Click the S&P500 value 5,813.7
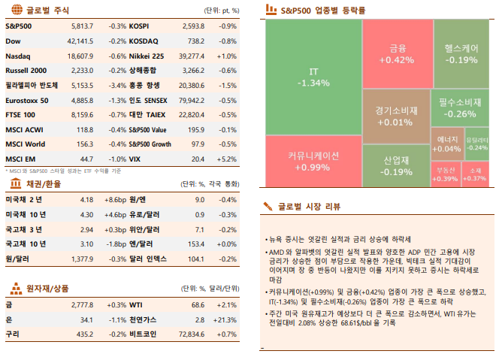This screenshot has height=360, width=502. pos(80,26)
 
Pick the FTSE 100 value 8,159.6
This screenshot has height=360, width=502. pos(80,115)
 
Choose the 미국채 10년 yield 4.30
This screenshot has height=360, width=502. pos(86,214)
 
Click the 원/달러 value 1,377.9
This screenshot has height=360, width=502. pos(80,259)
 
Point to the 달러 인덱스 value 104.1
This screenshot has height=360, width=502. pos(198,259)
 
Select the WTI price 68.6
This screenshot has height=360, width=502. pos(198,305)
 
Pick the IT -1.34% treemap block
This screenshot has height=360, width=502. pos(313,77)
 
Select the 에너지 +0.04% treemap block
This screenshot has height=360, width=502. pos(447,144)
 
